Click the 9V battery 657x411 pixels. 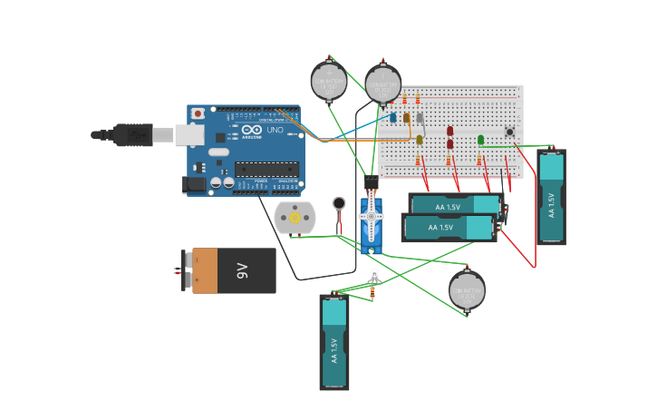click(x=233, y=270)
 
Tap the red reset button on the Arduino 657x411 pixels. click(x=198, y=113)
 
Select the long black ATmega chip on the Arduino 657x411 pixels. click(x=266, y=169)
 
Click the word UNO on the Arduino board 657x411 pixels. click(x=275, y=131)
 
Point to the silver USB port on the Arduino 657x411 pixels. click(x=188, y=135)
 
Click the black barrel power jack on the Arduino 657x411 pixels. click(x=193, y=184)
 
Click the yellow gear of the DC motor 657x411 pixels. click(x=294, y=218)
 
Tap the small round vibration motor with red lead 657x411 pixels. click(x=339, y=203)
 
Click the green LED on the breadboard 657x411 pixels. click(x=480, y=140)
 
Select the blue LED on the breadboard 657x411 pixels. click(x=392, y=118)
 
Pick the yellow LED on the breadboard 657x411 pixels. click(x=419, y=140)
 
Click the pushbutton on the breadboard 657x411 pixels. click(x=509, y=132)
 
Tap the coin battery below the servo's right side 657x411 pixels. click(x=467, y=290)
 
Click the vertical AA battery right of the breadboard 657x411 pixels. click(x=551, y=197)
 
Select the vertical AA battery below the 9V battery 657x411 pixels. click(x=333, y=341)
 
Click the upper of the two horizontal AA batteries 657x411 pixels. click(x=453, y=205)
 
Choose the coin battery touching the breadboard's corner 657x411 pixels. click(x=382, y=85)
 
